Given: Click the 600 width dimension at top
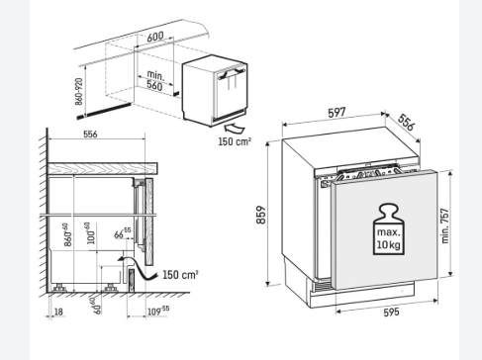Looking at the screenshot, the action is click(x=155, y=37).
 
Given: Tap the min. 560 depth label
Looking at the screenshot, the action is click(x=155, y=80).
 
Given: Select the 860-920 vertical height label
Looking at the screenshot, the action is click(x=79, y=92).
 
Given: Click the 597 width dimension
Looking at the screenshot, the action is click(x=337, y=113).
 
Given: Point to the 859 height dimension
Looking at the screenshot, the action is click(x=260, y=215).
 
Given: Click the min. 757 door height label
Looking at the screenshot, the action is click(x=445, y=225).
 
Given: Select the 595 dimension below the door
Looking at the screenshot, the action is click(x=391, y=312).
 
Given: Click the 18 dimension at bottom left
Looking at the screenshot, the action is click(x=58, y=312).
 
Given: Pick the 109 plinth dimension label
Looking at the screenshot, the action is click(x=158, y=311).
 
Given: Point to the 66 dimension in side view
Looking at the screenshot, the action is click(x=123, y=232).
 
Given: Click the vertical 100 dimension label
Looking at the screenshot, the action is click(x=91, y=233).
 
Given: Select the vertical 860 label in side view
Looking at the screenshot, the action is click(x=67, y=234).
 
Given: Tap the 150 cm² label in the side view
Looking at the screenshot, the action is click(x=180, y=274).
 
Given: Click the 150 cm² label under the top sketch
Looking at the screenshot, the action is click(x=235, y=141).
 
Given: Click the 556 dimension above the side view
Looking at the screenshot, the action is click(x=90, y=135).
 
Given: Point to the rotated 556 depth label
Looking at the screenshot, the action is click(x=406, y=122).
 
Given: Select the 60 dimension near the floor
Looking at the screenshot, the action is click(x=96, y=306).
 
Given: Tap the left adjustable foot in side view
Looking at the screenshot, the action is click(x=59, y=288).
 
